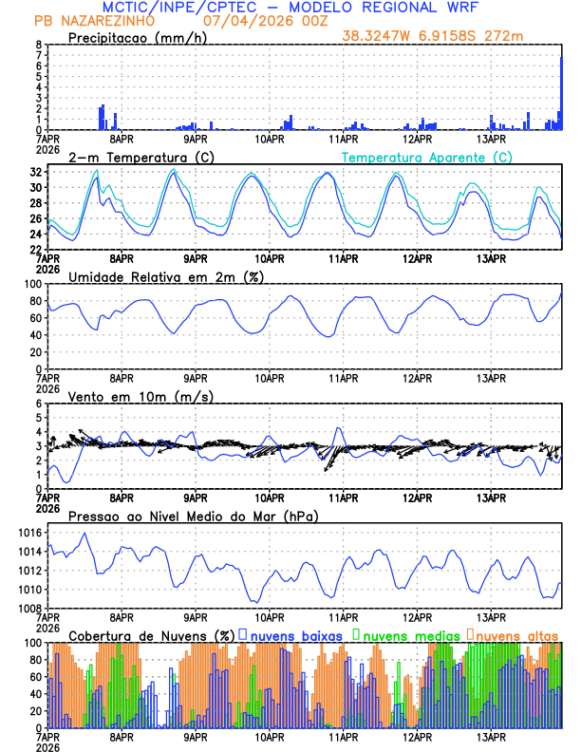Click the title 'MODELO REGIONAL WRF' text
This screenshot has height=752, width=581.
click(x=384, y=8)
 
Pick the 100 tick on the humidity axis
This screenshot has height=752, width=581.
click(x=33, y=284)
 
